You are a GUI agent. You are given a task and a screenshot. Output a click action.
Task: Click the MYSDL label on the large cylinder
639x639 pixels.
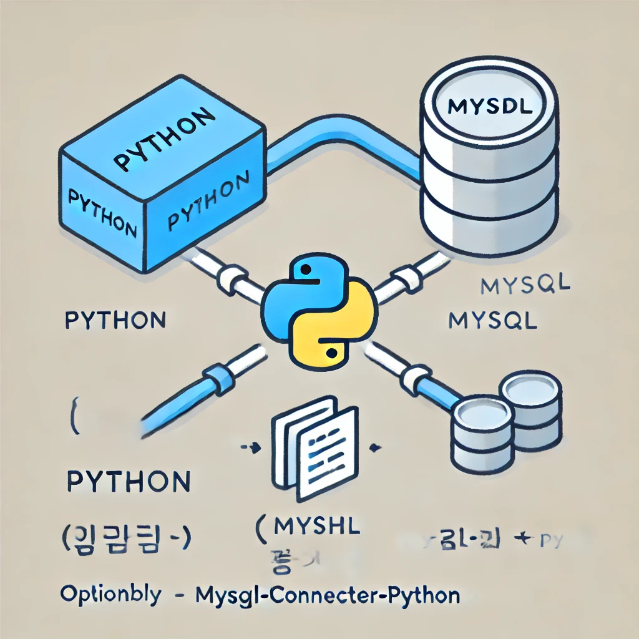click(x=490, y=107)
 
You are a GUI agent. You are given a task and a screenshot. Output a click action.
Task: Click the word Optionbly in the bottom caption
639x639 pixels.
click(x=110, y=593)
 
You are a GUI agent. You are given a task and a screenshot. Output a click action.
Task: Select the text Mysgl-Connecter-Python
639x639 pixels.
click(x=328, y=595)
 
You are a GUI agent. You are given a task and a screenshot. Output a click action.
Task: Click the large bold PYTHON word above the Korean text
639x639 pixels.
click(x=128, y=482)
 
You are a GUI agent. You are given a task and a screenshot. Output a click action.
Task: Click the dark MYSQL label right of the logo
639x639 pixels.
click(x=493, y=321)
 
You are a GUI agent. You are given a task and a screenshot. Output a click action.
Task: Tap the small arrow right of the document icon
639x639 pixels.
click(x=375, y=447)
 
